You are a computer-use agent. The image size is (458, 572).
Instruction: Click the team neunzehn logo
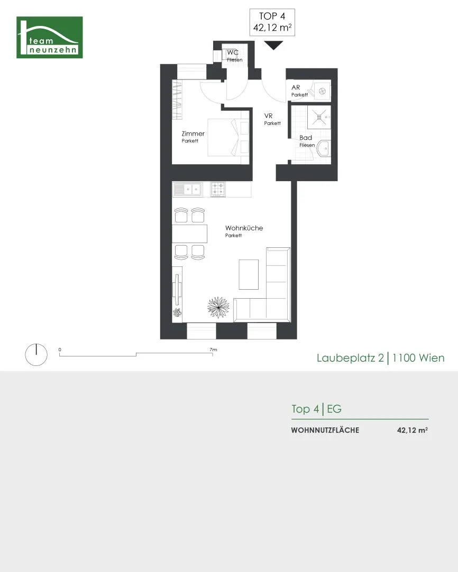coord(50,37)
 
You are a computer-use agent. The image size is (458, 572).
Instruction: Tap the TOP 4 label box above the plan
coord(272,22)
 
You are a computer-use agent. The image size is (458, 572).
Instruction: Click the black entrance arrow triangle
coord(273,46)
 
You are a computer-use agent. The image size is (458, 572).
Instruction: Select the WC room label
coord(233,52)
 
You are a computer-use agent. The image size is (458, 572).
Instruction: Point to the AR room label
coord(296,87)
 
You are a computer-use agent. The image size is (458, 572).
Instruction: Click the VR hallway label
coord(268,116)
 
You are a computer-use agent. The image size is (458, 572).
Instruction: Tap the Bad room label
coord(306,138)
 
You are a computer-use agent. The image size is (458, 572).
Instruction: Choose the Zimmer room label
coord(193,133)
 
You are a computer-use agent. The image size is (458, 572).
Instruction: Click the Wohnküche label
coord(244,228)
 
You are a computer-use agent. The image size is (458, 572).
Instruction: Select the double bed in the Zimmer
coord(228,137)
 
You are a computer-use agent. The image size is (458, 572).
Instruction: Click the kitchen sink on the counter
coord(187,190)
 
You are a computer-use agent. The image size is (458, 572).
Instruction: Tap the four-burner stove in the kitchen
coord(218,190)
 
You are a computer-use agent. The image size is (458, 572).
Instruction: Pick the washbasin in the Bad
coord(323,148)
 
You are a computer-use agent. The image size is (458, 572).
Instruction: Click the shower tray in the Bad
coord(319,117)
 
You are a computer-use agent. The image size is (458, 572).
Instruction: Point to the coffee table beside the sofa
coord(249,274)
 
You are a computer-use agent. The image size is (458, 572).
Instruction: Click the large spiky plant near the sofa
coord(218,307)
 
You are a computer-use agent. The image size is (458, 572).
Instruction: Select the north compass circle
coord(36,354)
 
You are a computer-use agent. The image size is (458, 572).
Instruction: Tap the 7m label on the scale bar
coord(213,350)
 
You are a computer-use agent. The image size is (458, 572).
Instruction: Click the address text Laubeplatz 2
coord(350,358)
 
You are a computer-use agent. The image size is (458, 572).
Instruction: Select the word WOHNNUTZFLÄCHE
coord(325,430)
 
